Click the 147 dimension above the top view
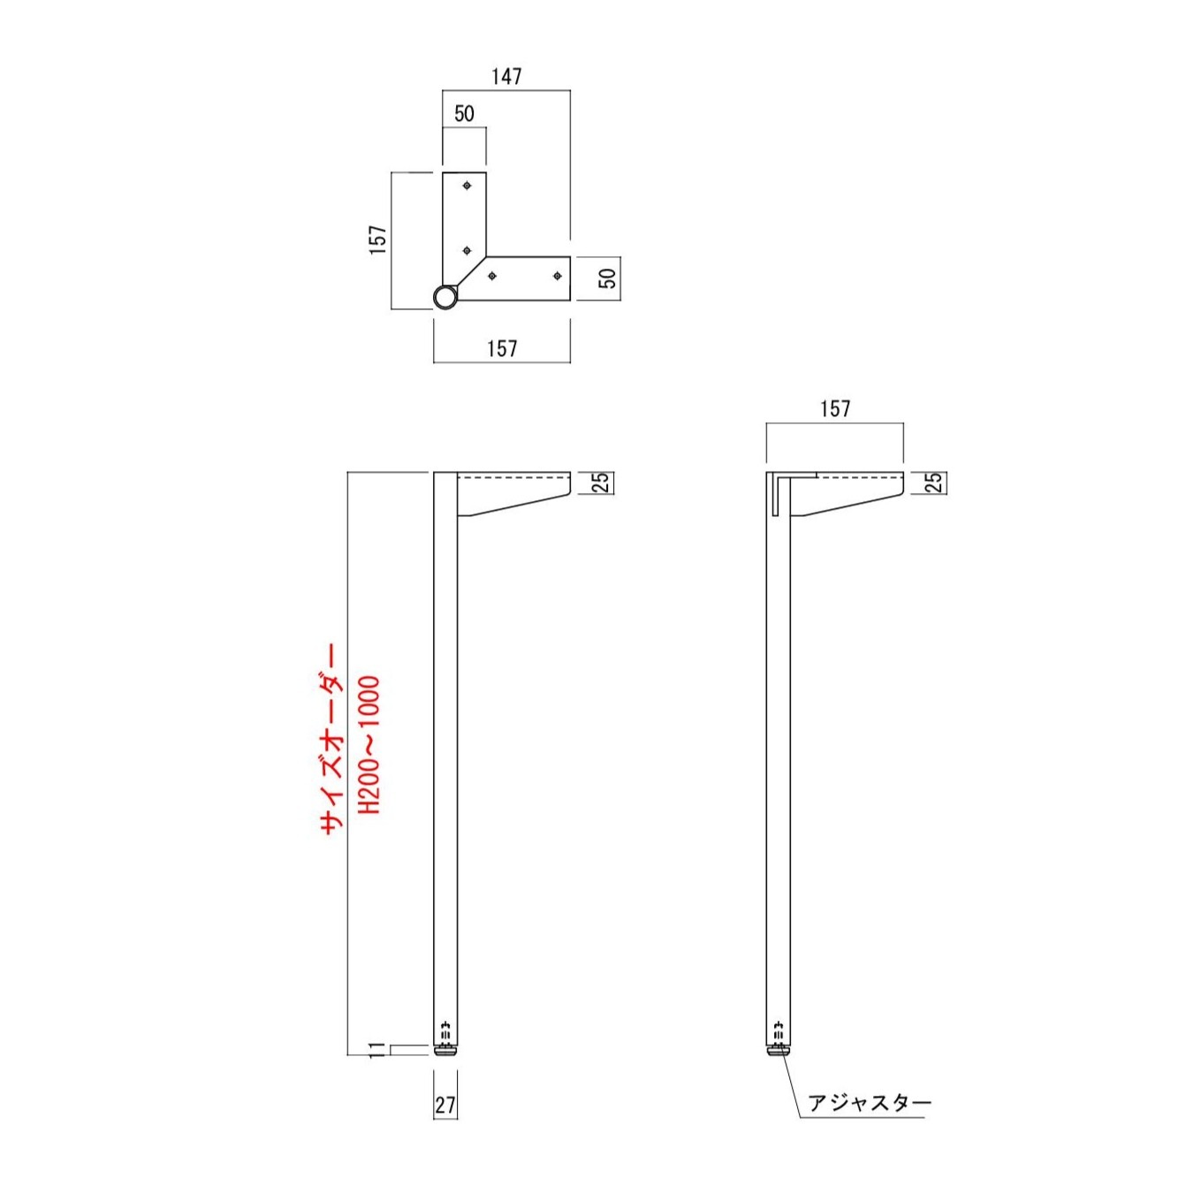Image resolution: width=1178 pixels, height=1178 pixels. click(x=506, y=76)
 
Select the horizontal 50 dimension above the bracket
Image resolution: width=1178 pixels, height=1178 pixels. click(x=465, y=114)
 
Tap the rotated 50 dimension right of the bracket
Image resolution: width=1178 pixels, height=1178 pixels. click(x=608, y=277)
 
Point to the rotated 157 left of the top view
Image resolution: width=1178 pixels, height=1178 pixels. click(x=378, y=239)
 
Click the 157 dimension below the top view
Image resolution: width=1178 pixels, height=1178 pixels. click(x=502, y=348)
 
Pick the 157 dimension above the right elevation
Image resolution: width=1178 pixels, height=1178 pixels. click(x=835, y=409)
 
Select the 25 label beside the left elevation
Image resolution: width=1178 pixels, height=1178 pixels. click(x=602, y=483)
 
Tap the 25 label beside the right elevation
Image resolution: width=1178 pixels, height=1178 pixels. click(x=935, y=483)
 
